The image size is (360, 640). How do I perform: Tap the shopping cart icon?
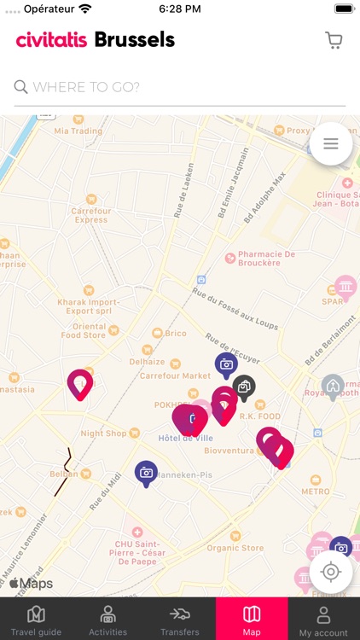pos(334,40)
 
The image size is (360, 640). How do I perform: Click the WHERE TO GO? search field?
pos(179,86)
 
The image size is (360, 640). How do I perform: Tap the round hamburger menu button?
pos(331,144)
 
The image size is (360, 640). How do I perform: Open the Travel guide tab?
pos(36,620)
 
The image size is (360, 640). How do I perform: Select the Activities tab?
pos(107,620)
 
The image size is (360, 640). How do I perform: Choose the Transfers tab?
pos(179,620)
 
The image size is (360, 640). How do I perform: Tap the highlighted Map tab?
pos(252,620)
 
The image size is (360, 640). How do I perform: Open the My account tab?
pos(323,620)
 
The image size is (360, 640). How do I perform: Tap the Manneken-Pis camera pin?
pos(146,472)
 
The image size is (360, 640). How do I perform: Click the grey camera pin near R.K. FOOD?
pos(244,387)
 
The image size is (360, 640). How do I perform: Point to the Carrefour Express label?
pos(90,215)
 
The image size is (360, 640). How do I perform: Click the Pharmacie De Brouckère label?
pos(265,258)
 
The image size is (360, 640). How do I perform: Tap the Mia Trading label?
pos(78,131)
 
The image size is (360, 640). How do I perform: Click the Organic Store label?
pos(235,548)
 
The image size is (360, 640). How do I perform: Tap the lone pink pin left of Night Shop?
pos(80,384)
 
